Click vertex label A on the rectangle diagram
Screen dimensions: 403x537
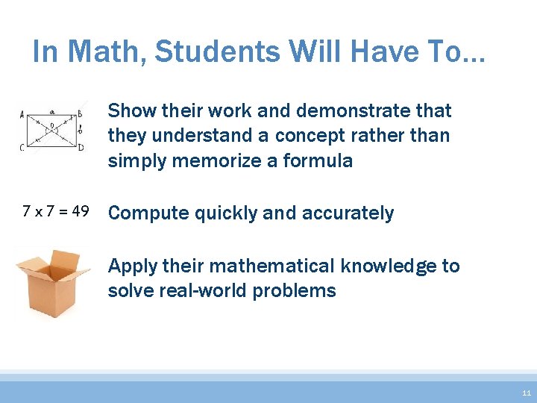tap(22, 116)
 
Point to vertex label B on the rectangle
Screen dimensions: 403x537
tap(79, 114)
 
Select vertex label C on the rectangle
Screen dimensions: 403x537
tap(22, 147)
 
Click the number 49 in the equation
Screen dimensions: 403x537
tap(78, 212)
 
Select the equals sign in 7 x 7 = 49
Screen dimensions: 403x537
tap(60, 212)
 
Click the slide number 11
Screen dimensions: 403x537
tap(527, 393)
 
